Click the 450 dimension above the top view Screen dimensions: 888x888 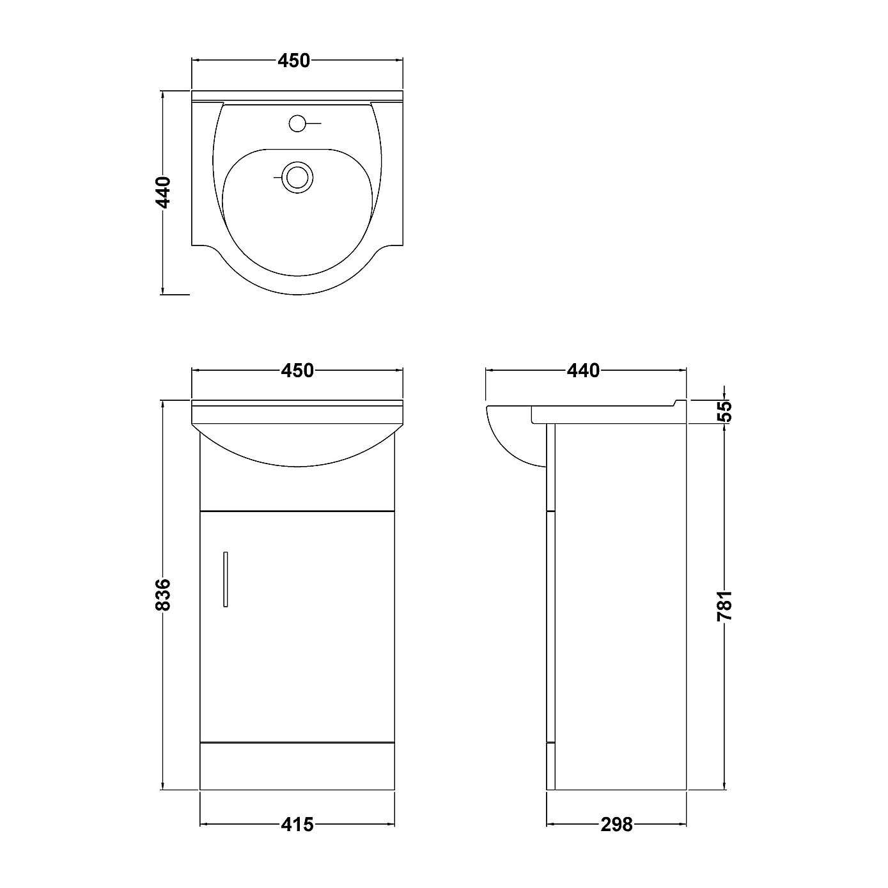[293, 61]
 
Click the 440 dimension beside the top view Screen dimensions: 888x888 [164, 192]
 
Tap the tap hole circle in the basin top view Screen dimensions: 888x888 [297, 123]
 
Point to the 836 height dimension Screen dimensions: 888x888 [164, 595]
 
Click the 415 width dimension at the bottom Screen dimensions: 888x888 [298, 825]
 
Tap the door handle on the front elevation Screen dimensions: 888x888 [226, 579]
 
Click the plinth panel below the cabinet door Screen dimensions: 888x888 [297, 766]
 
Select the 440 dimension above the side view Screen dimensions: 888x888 [583, 370]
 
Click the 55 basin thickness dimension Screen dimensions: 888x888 [724, 410]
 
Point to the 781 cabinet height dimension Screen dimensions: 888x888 [724, 606]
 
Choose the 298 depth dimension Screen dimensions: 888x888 [616, 825]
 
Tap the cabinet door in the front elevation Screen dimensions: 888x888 [297, 627]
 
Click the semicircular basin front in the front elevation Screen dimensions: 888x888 [297, 441]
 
